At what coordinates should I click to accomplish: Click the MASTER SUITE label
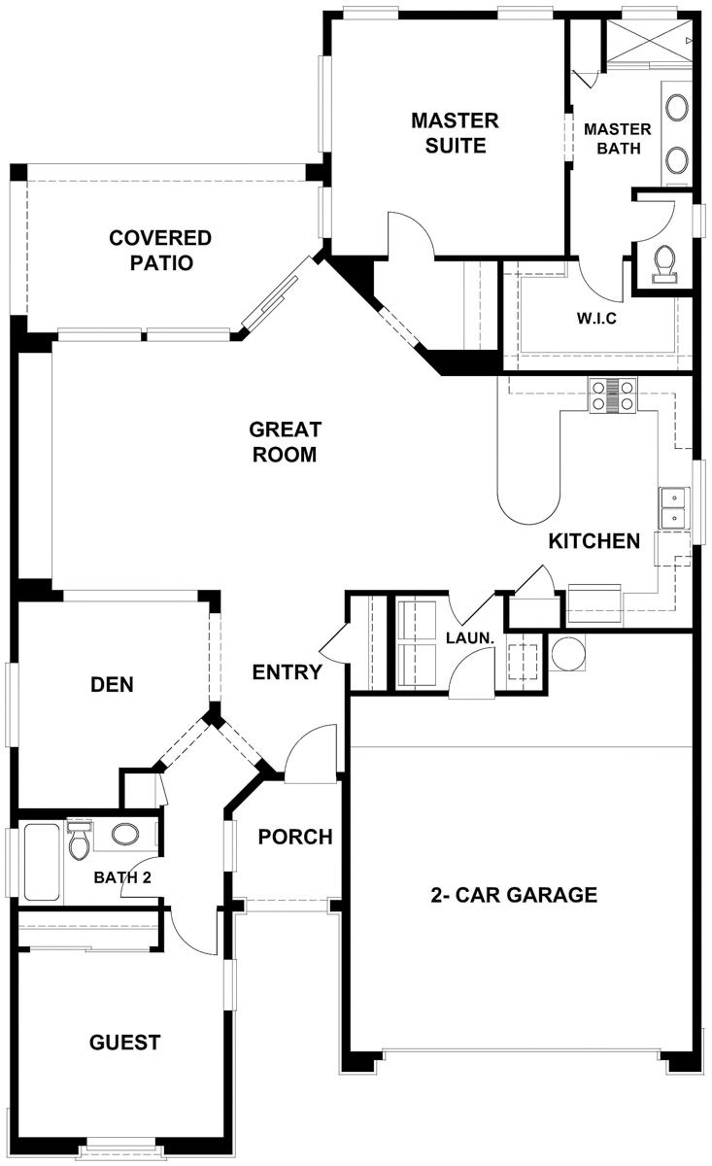455,133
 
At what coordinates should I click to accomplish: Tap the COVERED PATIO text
160,250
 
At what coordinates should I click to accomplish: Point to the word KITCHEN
593,541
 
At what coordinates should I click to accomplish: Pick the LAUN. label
471,638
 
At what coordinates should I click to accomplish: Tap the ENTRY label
287,671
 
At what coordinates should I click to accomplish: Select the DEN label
112,684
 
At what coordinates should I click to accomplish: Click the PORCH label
295,837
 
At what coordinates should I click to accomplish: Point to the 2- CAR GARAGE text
514,895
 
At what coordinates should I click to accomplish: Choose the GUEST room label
124,1043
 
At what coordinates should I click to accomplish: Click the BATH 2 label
121,877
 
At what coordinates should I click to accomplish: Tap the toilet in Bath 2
80,840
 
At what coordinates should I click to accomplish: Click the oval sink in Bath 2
125,834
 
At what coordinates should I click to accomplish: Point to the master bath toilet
665,262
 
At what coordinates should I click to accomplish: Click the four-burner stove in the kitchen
612,395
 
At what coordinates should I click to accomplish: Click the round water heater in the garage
567,653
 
